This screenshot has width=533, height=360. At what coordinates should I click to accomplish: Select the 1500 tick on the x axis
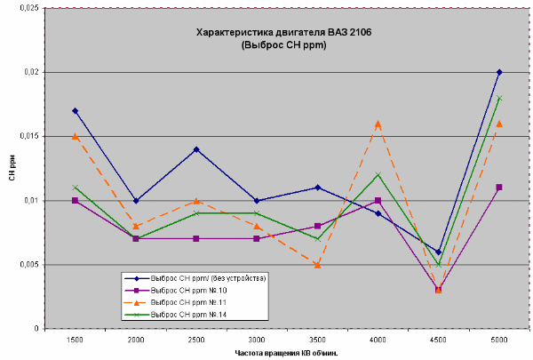click(x=76, y=339)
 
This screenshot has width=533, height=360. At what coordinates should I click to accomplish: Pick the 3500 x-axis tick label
click(x=318, y=339)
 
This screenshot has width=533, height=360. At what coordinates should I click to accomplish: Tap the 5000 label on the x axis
click(x=499, y=339)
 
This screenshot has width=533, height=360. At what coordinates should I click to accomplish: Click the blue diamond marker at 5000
click(x=499, y=72)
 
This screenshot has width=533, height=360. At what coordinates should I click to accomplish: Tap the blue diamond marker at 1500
click(x=76, y=111)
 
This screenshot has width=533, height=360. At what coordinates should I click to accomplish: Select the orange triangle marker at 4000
click(x=378, y=124)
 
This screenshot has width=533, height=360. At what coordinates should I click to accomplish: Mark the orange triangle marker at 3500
click(x=318, y=264)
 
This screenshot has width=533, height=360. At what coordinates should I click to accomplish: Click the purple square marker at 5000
click(x=499, y=188)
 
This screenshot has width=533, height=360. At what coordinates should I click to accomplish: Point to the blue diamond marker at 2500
click(x=196, y=149)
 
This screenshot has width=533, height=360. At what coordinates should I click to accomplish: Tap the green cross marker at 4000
click(x=378, y=174)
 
